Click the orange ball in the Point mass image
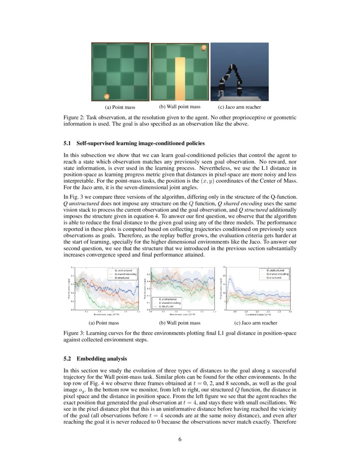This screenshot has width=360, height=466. pyautogui.click(x=107, y=96)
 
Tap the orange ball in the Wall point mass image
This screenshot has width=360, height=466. pyautogui.click(x=203, y=47)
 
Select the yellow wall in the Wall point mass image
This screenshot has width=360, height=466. pyautogui.click(x=180, y=79)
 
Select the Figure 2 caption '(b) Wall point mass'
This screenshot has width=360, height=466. pyautogui.click(x=180, y=107)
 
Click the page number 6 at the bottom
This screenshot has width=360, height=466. pyautogui.click(x=180, y=439)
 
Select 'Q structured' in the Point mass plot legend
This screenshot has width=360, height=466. pyautogui.click(x=122, y=277)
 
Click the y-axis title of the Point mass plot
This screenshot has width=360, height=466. pyautogui.click(x=69, y=289)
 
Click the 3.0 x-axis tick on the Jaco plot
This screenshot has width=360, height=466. pyautogui.click(x=290, y=312)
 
